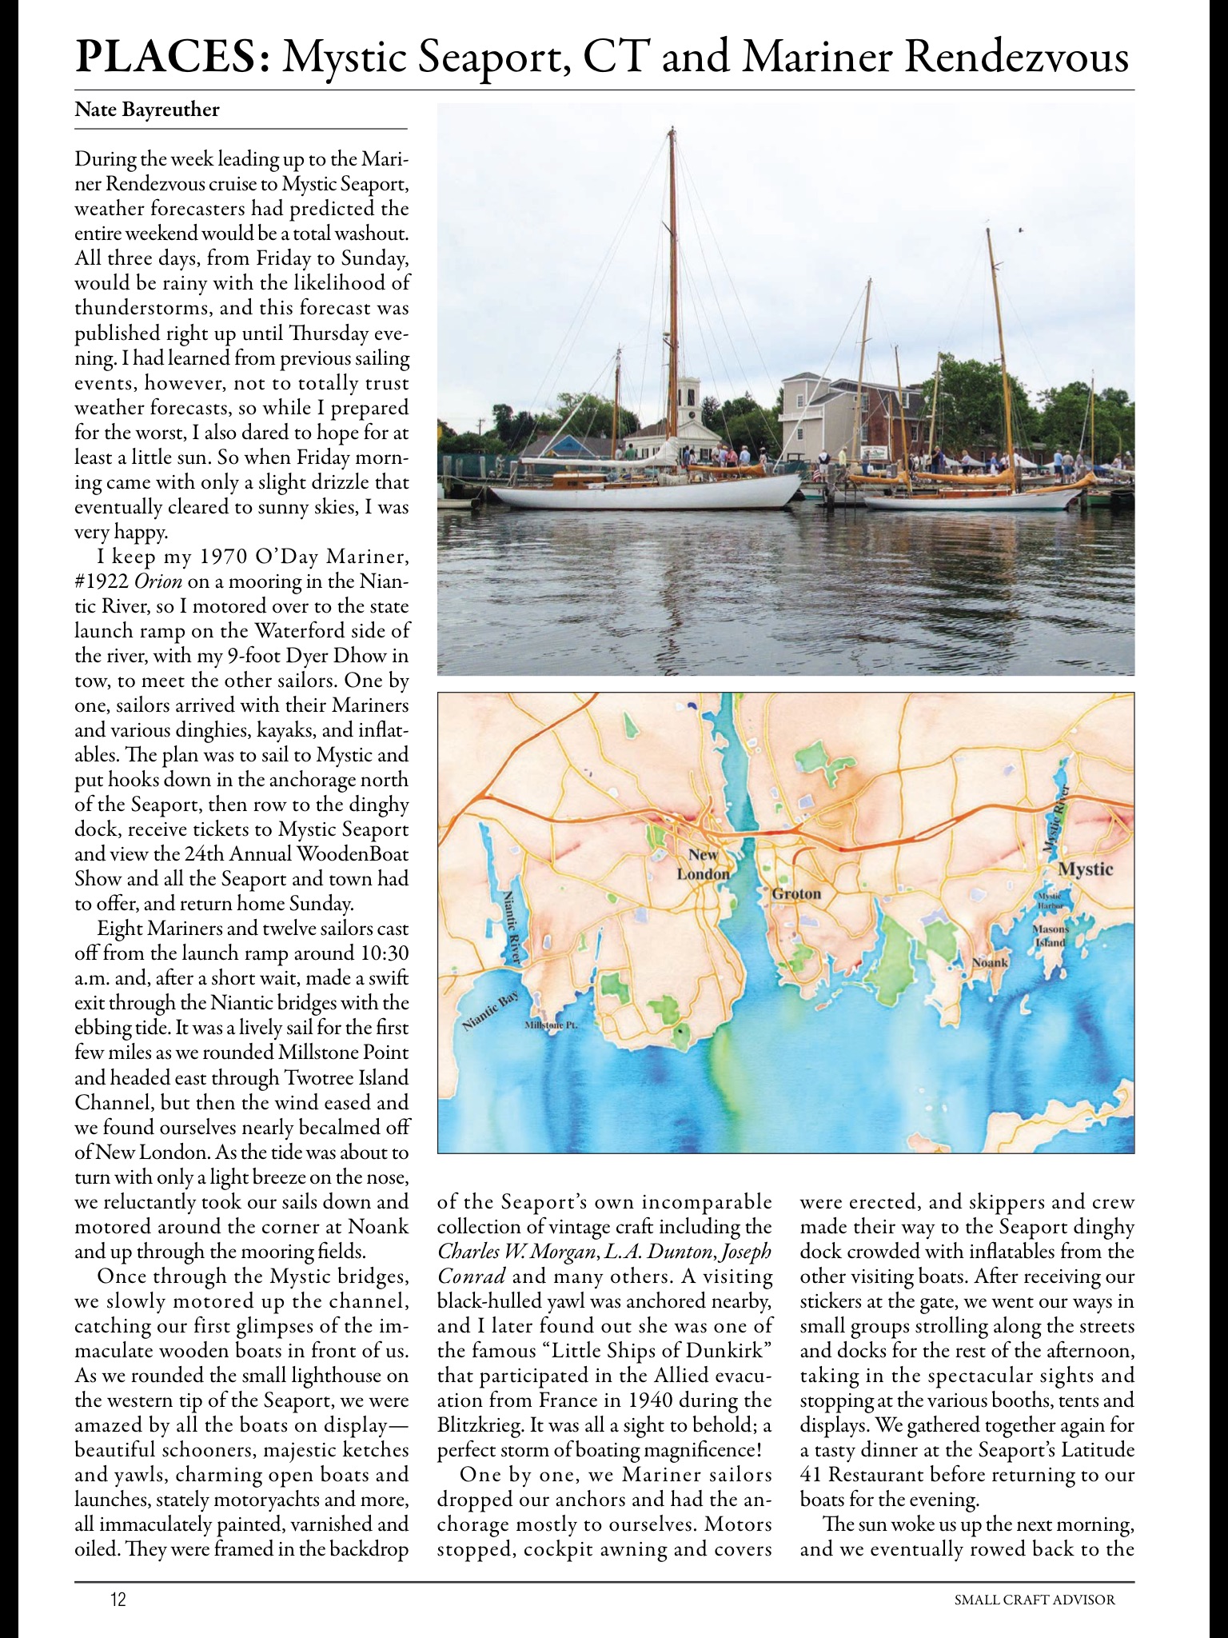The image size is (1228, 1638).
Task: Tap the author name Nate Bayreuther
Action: [146, 110]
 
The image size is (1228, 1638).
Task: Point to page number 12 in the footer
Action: [118, 1599]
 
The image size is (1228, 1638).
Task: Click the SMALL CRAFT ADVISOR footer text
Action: [1035, 1599]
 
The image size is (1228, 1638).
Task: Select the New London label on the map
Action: [703, 864]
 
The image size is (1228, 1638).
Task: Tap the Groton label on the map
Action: [796, 893]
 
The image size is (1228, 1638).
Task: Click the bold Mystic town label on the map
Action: [1085, 869]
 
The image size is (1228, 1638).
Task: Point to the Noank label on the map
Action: [990, 962]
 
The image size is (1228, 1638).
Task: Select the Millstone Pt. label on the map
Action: [550, 1025]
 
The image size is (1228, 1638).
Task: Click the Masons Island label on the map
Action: [1049, 936]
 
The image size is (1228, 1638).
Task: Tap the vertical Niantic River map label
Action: [512, 928]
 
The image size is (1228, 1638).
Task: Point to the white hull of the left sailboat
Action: [656, 496]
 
